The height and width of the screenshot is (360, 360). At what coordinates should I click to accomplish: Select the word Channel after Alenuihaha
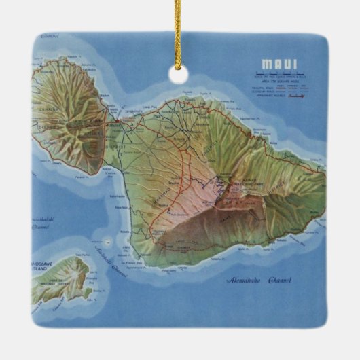coord(278,279)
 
